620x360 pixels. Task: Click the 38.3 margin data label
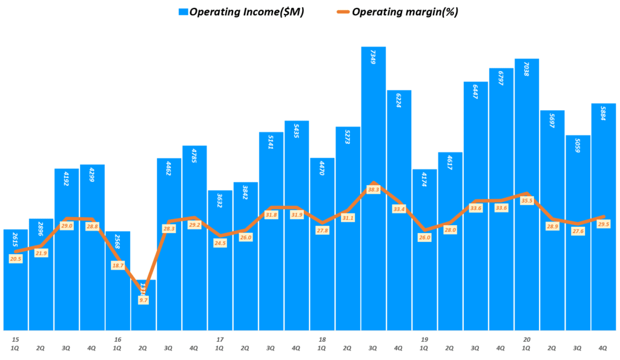(374, 189)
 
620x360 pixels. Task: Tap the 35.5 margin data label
(527, 200)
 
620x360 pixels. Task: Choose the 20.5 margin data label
(16, 258)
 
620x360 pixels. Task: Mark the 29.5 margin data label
(604, 224)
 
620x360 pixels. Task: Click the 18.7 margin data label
(118, 265)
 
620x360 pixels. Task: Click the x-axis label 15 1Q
(16, 344)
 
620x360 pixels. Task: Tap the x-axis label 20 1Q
(527, 344)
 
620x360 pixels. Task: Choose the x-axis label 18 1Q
(322, 344)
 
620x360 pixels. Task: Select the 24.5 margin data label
(220, 243)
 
